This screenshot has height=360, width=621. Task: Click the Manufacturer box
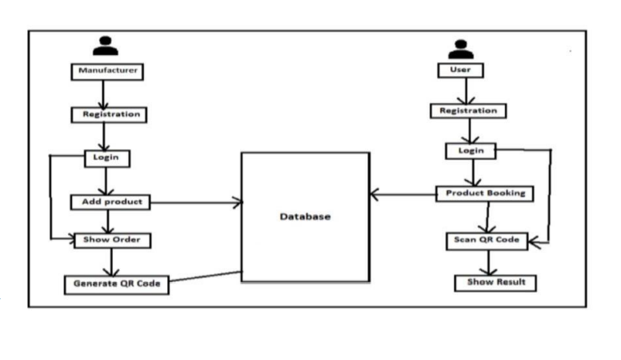tap(107, 71)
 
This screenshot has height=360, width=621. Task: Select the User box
tap(461, 70)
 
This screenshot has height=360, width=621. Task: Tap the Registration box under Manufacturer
tap(111, 114)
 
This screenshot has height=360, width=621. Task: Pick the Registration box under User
tap(468, 111)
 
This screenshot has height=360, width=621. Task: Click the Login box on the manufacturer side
tap(106, 158)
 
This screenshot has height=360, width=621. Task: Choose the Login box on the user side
tap(471, 150)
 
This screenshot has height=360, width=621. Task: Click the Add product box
tap(111, 202)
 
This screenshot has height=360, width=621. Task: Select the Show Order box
tap(111, 239)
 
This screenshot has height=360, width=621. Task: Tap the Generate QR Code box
tap(117, 284)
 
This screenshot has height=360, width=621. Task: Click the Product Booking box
tap(485, 194)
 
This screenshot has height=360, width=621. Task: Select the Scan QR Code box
tap(487, 240)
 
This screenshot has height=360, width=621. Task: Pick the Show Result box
tap(495, 282)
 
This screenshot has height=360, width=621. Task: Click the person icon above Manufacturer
tap(105, 46)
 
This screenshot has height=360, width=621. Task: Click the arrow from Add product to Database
tap(196, 203)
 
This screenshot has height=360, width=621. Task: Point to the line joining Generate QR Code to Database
tap(206, 278)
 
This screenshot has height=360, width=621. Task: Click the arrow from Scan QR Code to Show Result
tap(488, 262)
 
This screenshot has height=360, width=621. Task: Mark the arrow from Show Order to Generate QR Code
tap(111, 262)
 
